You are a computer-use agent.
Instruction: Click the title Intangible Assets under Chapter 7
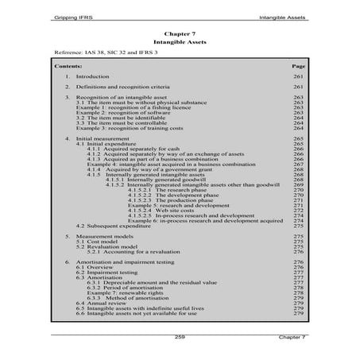pyautogui.click(x=180, y=43)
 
